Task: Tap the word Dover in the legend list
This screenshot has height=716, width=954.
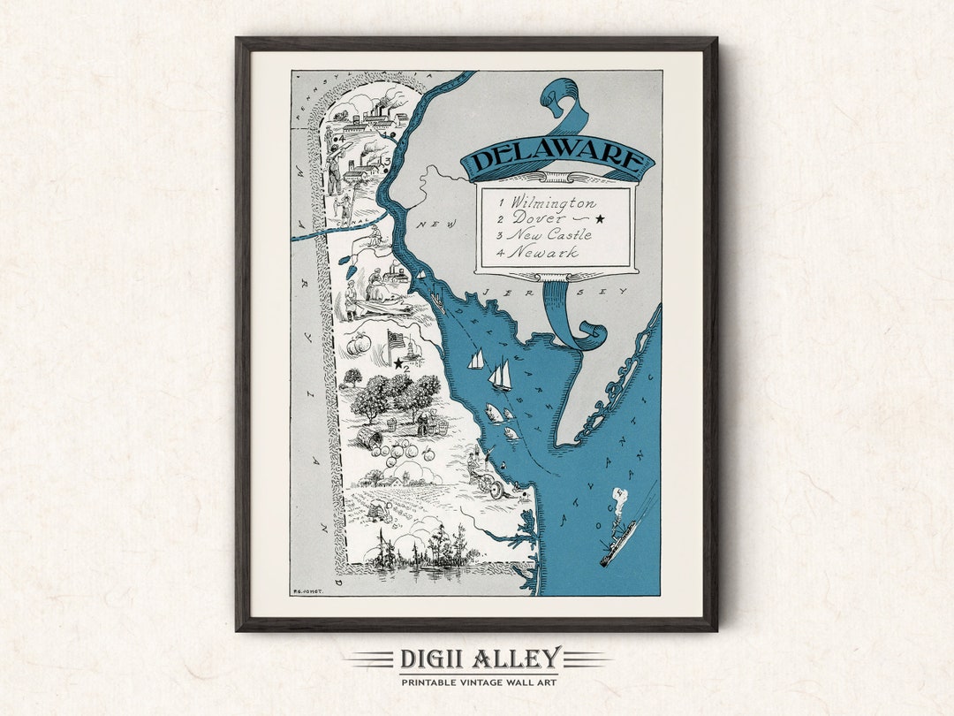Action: pos(542,218)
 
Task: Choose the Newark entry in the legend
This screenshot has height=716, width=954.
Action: pos(547,252)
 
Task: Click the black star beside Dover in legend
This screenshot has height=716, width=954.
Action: pos(601,218)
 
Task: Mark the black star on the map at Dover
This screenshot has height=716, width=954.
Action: pos(398,362)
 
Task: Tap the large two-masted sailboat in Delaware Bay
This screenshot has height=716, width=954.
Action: pos(501,374)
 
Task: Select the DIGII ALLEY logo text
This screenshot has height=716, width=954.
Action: pos(480,659)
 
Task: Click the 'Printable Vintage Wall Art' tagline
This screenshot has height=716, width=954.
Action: pos(480,682)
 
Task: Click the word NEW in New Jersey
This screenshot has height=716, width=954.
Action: pos(437,225)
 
